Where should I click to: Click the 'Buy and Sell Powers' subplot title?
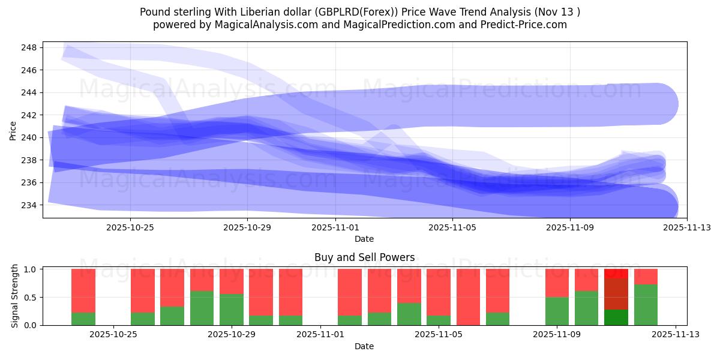[364, 257]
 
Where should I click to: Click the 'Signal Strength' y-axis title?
[15, 297]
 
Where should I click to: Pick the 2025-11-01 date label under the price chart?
[335, 227]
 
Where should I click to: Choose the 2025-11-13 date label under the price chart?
[687, 227]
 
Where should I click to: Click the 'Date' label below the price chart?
[364, 239]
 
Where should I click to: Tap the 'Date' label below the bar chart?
[364, 346]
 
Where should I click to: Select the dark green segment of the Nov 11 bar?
[616, 317]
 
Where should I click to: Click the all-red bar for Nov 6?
[468, 297]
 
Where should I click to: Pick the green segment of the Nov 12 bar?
[646, 305]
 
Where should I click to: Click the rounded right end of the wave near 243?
[666, 104]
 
